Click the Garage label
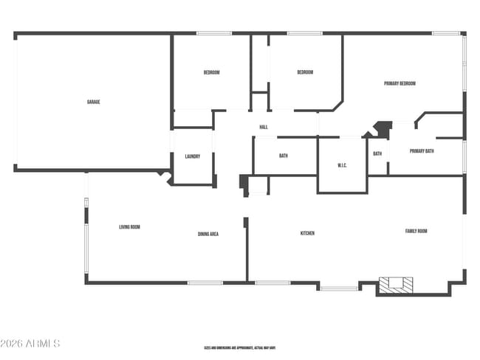(93, 102)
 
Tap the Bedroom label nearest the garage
(212, 72)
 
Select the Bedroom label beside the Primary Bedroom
(305, 72)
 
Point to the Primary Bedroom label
(400, 83)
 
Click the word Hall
(264, 128)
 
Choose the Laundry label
(193, 156)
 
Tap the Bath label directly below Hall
(284, 156)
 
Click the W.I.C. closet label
(343, 165)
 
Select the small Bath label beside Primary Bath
(377, 153)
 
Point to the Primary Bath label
(422, 151)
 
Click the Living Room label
(130, 227)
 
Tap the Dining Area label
(208, 235)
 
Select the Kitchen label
(307, 233)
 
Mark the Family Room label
(416, 231)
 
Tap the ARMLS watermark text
(30, 344)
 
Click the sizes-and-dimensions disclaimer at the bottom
(240, 347)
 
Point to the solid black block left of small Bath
(383, 129)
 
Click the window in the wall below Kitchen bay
(339, 288)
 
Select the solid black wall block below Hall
(244, 182)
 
